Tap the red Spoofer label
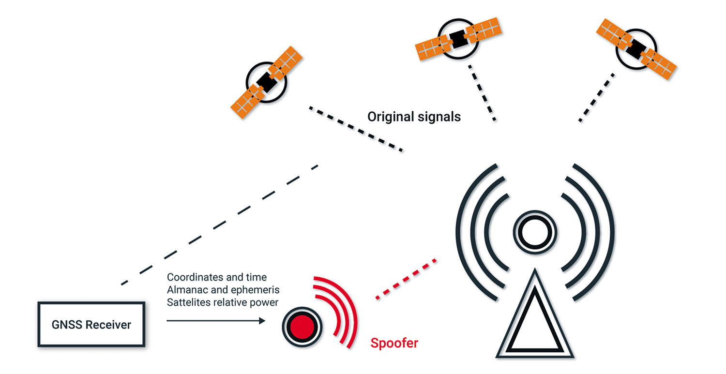point(394,343)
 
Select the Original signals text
point(414,117)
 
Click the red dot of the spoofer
point(302,327)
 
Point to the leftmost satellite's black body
point(267,82)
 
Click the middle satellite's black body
point(458,39)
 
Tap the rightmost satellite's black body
point(636,49)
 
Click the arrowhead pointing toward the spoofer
point(262,321)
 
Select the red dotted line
point(406,279)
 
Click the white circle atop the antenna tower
point(535,232)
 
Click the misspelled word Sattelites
point(189,302)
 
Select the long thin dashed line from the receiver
point(220,225)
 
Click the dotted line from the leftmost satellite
point(356,129)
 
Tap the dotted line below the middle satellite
point(482,93)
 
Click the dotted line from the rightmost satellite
point(596,98)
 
